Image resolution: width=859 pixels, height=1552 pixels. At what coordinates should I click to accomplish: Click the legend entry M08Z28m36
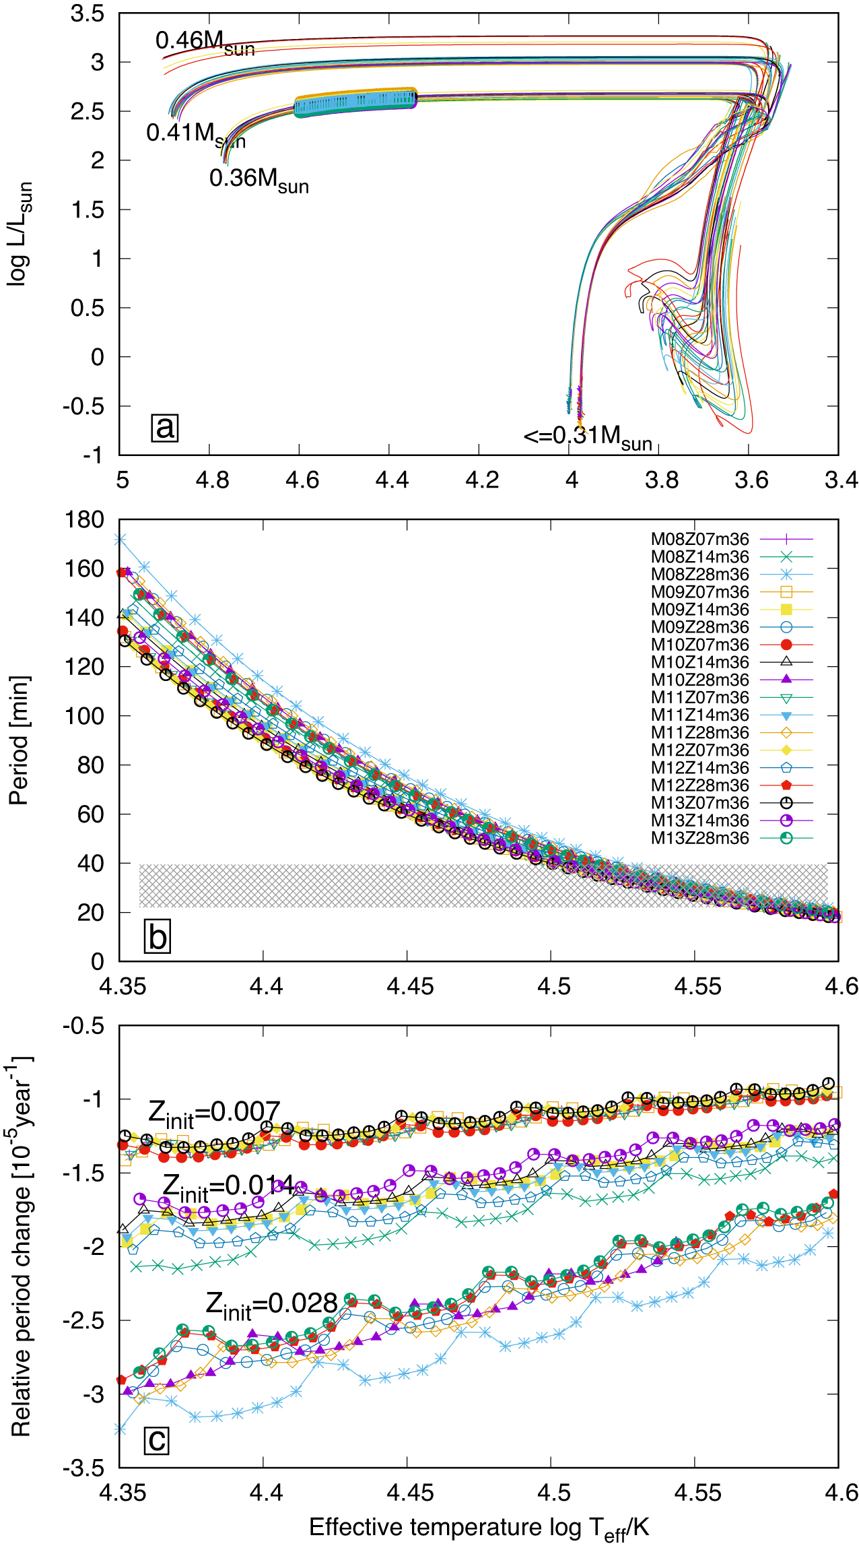pyautogui.click(x=699, y=575)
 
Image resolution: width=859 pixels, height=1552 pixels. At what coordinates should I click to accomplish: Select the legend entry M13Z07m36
pyautogui.click(x=699, y=803)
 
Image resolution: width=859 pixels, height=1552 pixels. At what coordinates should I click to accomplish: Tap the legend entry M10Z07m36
pyautogui.click(x=699, y=645)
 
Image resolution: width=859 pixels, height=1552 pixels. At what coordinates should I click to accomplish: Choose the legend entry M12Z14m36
pyautogui.click(x=699, y=768)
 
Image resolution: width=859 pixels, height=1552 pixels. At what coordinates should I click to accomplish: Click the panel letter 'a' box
pyautogui.click(x=164, y=427)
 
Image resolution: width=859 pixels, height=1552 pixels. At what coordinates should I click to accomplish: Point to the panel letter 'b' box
pyautogui.click(x=158, y=937)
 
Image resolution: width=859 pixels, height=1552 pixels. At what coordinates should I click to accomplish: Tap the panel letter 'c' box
pyautogui.click(x=157, y=1440)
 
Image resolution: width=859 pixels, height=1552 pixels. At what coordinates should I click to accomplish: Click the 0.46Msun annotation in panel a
pyautogui.click(x=205, y=42)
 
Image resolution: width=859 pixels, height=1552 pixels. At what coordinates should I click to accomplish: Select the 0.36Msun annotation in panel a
pyautogui.click(x=259, y=180)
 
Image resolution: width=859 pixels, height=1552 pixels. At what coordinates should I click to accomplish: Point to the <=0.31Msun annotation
pyautogui.click(x=588, y=437)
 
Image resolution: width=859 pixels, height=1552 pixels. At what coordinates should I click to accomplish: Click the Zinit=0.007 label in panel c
pyautogui.click(x=214, y=1113)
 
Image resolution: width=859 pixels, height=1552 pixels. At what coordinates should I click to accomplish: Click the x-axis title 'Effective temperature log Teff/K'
pyautogui.click(x=479, y=1528)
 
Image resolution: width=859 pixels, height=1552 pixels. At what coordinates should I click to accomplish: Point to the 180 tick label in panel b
pyautogui.click(x=84, y=519)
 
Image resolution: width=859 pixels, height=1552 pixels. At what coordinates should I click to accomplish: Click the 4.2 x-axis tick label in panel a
pyautogui.click(x=482, y=480)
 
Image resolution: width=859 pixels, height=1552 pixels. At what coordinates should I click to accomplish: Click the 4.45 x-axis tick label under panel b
pyautogui.click(x=410, y=987)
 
